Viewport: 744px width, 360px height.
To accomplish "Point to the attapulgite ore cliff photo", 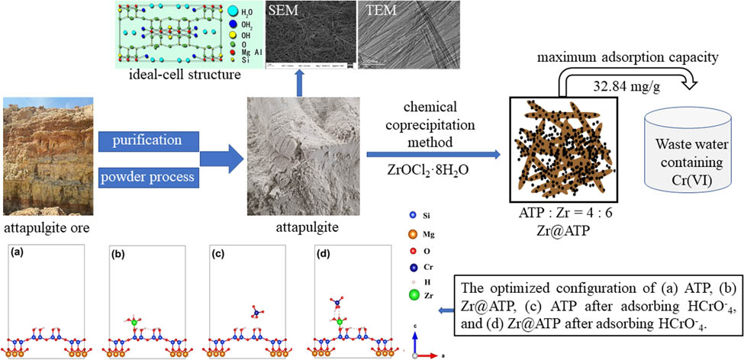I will [45, 156].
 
